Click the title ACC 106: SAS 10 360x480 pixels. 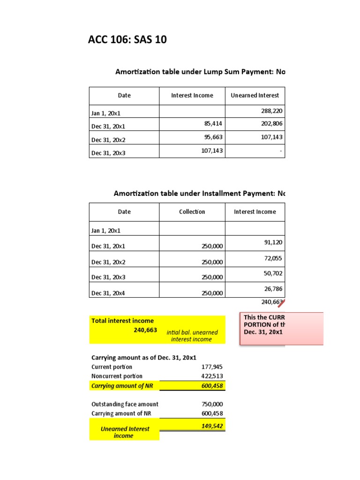click(x=127, y=40)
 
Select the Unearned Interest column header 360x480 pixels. click(x=255, y=96)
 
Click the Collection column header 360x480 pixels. click(x=192, y=212)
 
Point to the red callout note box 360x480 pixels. click(x=281, y=329)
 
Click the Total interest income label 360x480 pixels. click(x=123, y=321)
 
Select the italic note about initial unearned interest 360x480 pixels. click(x=192, y=336)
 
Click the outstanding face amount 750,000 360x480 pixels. click(x=212, y=404)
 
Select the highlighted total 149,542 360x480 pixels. click(x=212, y=426)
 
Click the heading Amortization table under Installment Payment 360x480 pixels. click(x=199, y=194)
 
